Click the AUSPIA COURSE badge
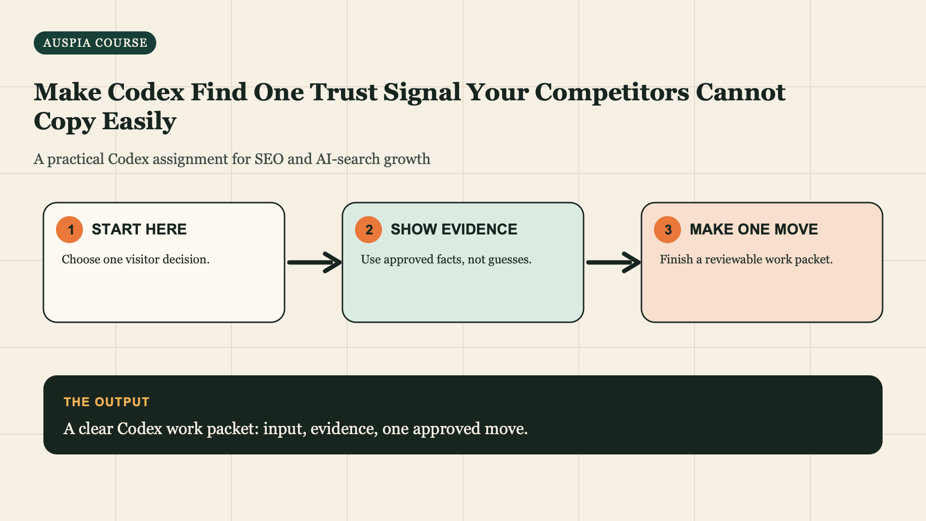[95, 43]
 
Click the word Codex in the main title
[146, 92]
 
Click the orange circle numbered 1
[69, 230]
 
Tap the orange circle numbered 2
[368, 230]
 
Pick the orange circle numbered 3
[667, 230]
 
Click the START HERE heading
[139, 229]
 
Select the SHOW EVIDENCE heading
[454, 229]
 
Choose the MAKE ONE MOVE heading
[754, 229]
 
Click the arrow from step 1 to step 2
[314, 262]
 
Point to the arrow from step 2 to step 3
[613, 262]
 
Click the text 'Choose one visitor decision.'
[136, 260]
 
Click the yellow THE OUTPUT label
[107, 402]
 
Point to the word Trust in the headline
[343, 92]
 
